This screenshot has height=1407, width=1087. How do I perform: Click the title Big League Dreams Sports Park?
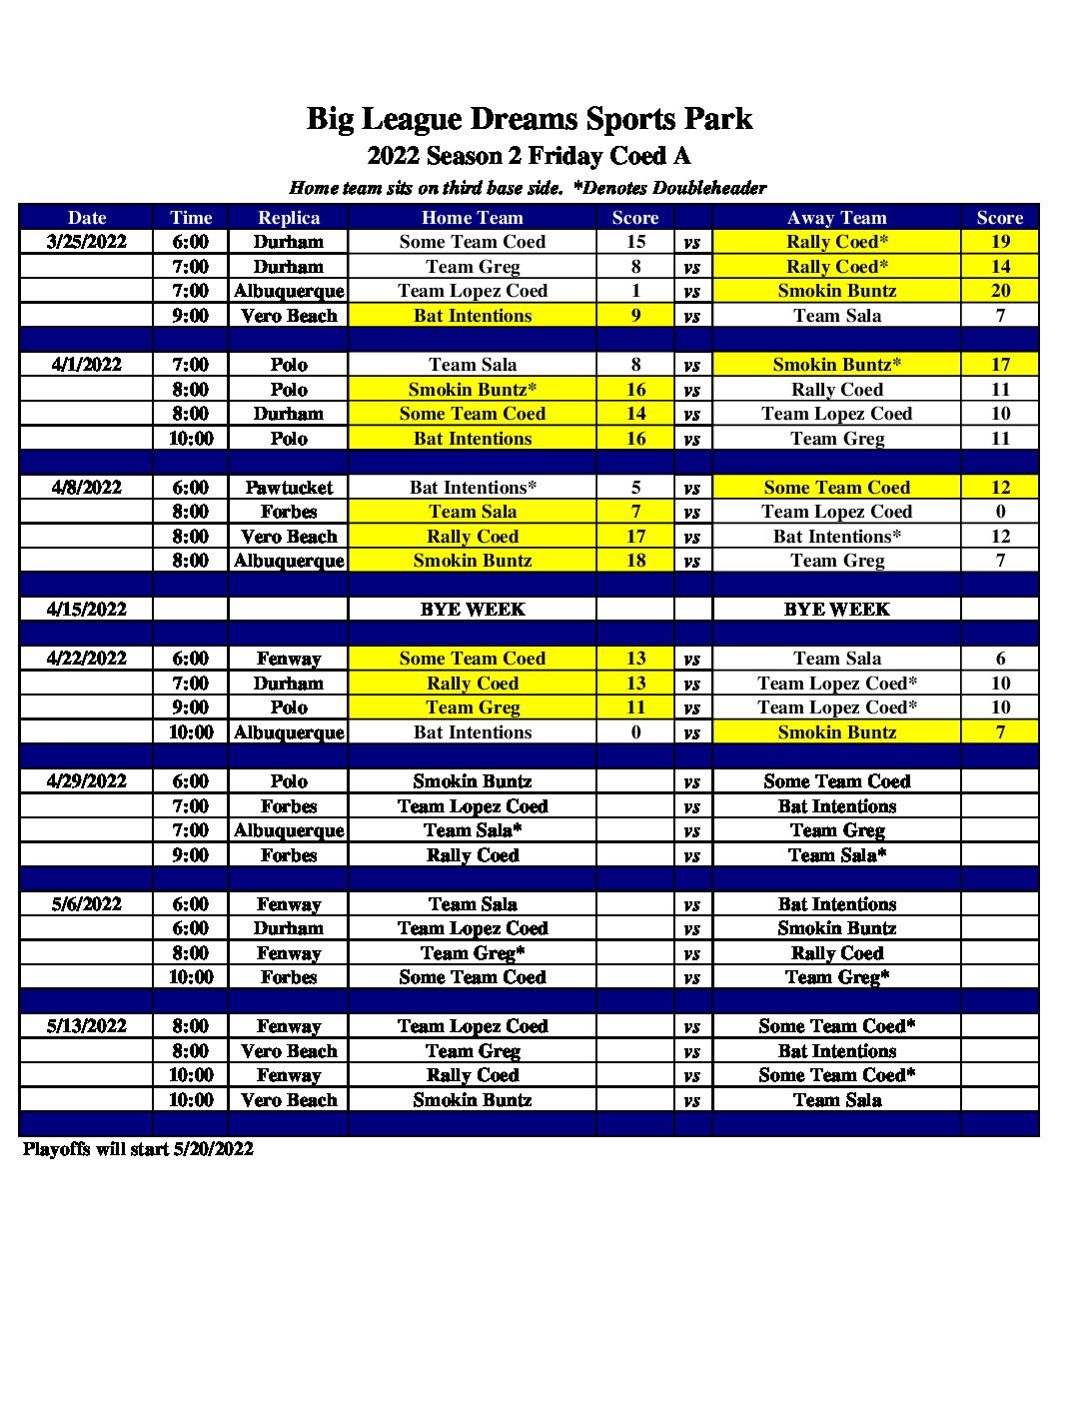click(x=529, y=119)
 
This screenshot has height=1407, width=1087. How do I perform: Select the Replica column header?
click(x=289, y=218)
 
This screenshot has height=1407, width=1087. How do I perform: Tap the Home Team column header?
click(x=472, y=218)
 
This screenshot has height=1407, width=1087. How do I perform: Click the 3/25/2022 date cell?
click(x=87, y=242)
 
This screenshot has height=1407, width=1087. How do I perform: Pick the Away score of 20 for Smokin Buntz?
click(x=1000, y=291)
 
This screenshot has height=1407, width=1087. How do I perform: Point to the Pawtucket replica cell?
click(x=289, y=488)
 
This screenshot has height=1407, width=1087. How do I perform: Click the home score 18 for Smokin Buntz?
click(x=635, y=561)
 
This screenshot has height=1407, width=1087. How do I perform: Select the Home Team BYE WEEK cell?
click(x=472, y=610)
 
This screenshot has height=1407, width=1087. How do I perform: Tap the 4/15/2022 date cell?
click(x=87, y=610)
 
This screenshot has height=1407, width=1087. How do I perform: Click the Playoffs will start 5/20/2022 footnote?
click(x=138, y=1149)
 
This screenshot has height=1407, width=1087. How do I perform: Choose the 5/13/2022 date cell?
click(x=87, y=1026)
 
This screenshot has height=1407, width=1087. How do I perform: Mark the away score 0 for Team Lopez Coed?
click(x=1000, y=512)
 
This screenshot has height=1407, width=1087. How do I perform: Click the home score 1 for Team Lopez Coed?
click(x=635, y=291)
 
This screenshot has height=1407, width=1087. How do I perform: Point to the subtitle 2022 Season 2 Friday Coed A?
click(x=529, y=156)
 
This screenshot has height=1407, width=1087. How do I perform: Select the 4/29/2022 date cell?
click(x=87, y=781)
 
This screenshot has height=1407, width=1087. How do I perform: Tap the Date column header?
click(x=87, y=218)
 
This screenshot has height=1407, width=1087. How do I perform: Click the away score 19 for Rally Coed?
click(x=1000, y=242)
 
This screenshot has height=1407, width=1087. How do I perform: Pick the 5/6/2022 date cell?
click(x=87, y=904)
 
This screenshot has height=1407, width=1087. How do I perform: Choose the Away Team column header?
click(x=836, y=218)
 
